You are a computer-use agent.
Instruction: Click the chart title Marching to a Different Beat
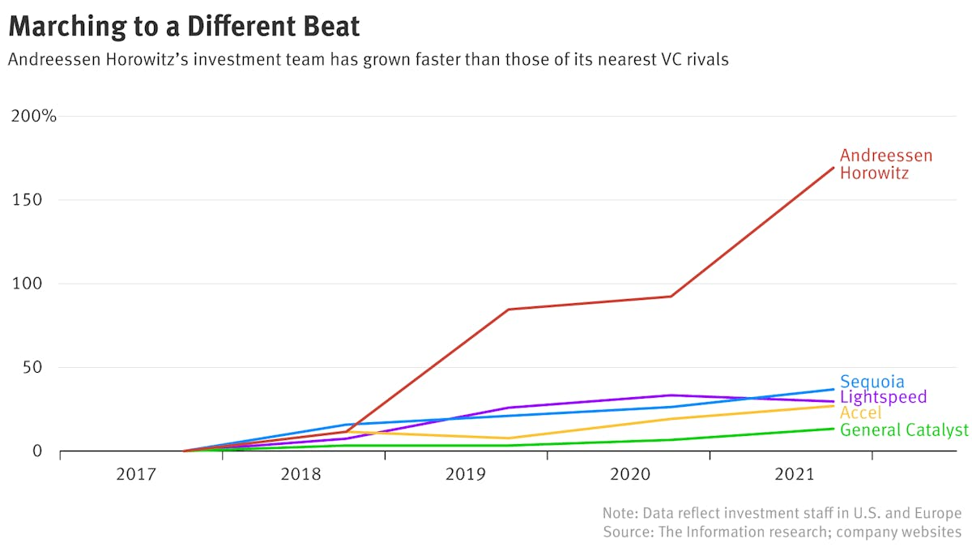pyautogui.click(x=184, y=26)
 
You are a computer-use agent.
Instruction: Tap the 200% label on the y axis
pyautogui.click(x=33, y=116)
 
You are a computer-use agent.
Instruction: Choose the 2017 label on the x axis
pyautogui.click(x=136, y=473)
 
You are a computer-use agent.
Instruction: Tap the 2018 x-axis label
pyautogui.click(x=301, y=473)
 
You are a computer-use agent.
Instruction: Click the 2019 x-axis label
pyautogui.click(x=465, y=473)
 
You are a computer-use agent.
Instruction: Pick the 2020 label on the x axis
pyautogui.click(x=628, y=473)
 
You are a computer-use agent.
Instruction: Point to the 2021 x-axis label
pyautogui.click(x=791, y=473)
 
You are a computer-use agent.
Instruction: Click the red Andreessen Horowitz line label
pyautogui.click(x=885, y=164)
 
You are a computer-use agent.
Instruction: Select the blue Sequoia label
pyautogui.click(x=872, y=382)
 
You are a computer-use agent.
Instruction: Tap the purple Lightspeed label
pyautogui.click(x=883, y=397)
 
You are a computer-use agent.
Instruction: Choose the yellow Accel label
pyautogui.click(x=860, y=413)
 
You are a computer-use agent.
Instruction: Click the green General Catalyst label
pyautogui.click(x=904, y=429)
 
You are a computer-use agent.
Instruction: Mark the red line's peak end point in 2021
pyautogui.click(x=833, y=168)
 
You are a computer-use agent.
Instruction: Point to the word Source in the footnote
pyautogui.click(x=626, y=532)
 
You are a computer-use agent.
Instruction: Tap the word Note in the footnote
pyautogui.click(x=619, y=513)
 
